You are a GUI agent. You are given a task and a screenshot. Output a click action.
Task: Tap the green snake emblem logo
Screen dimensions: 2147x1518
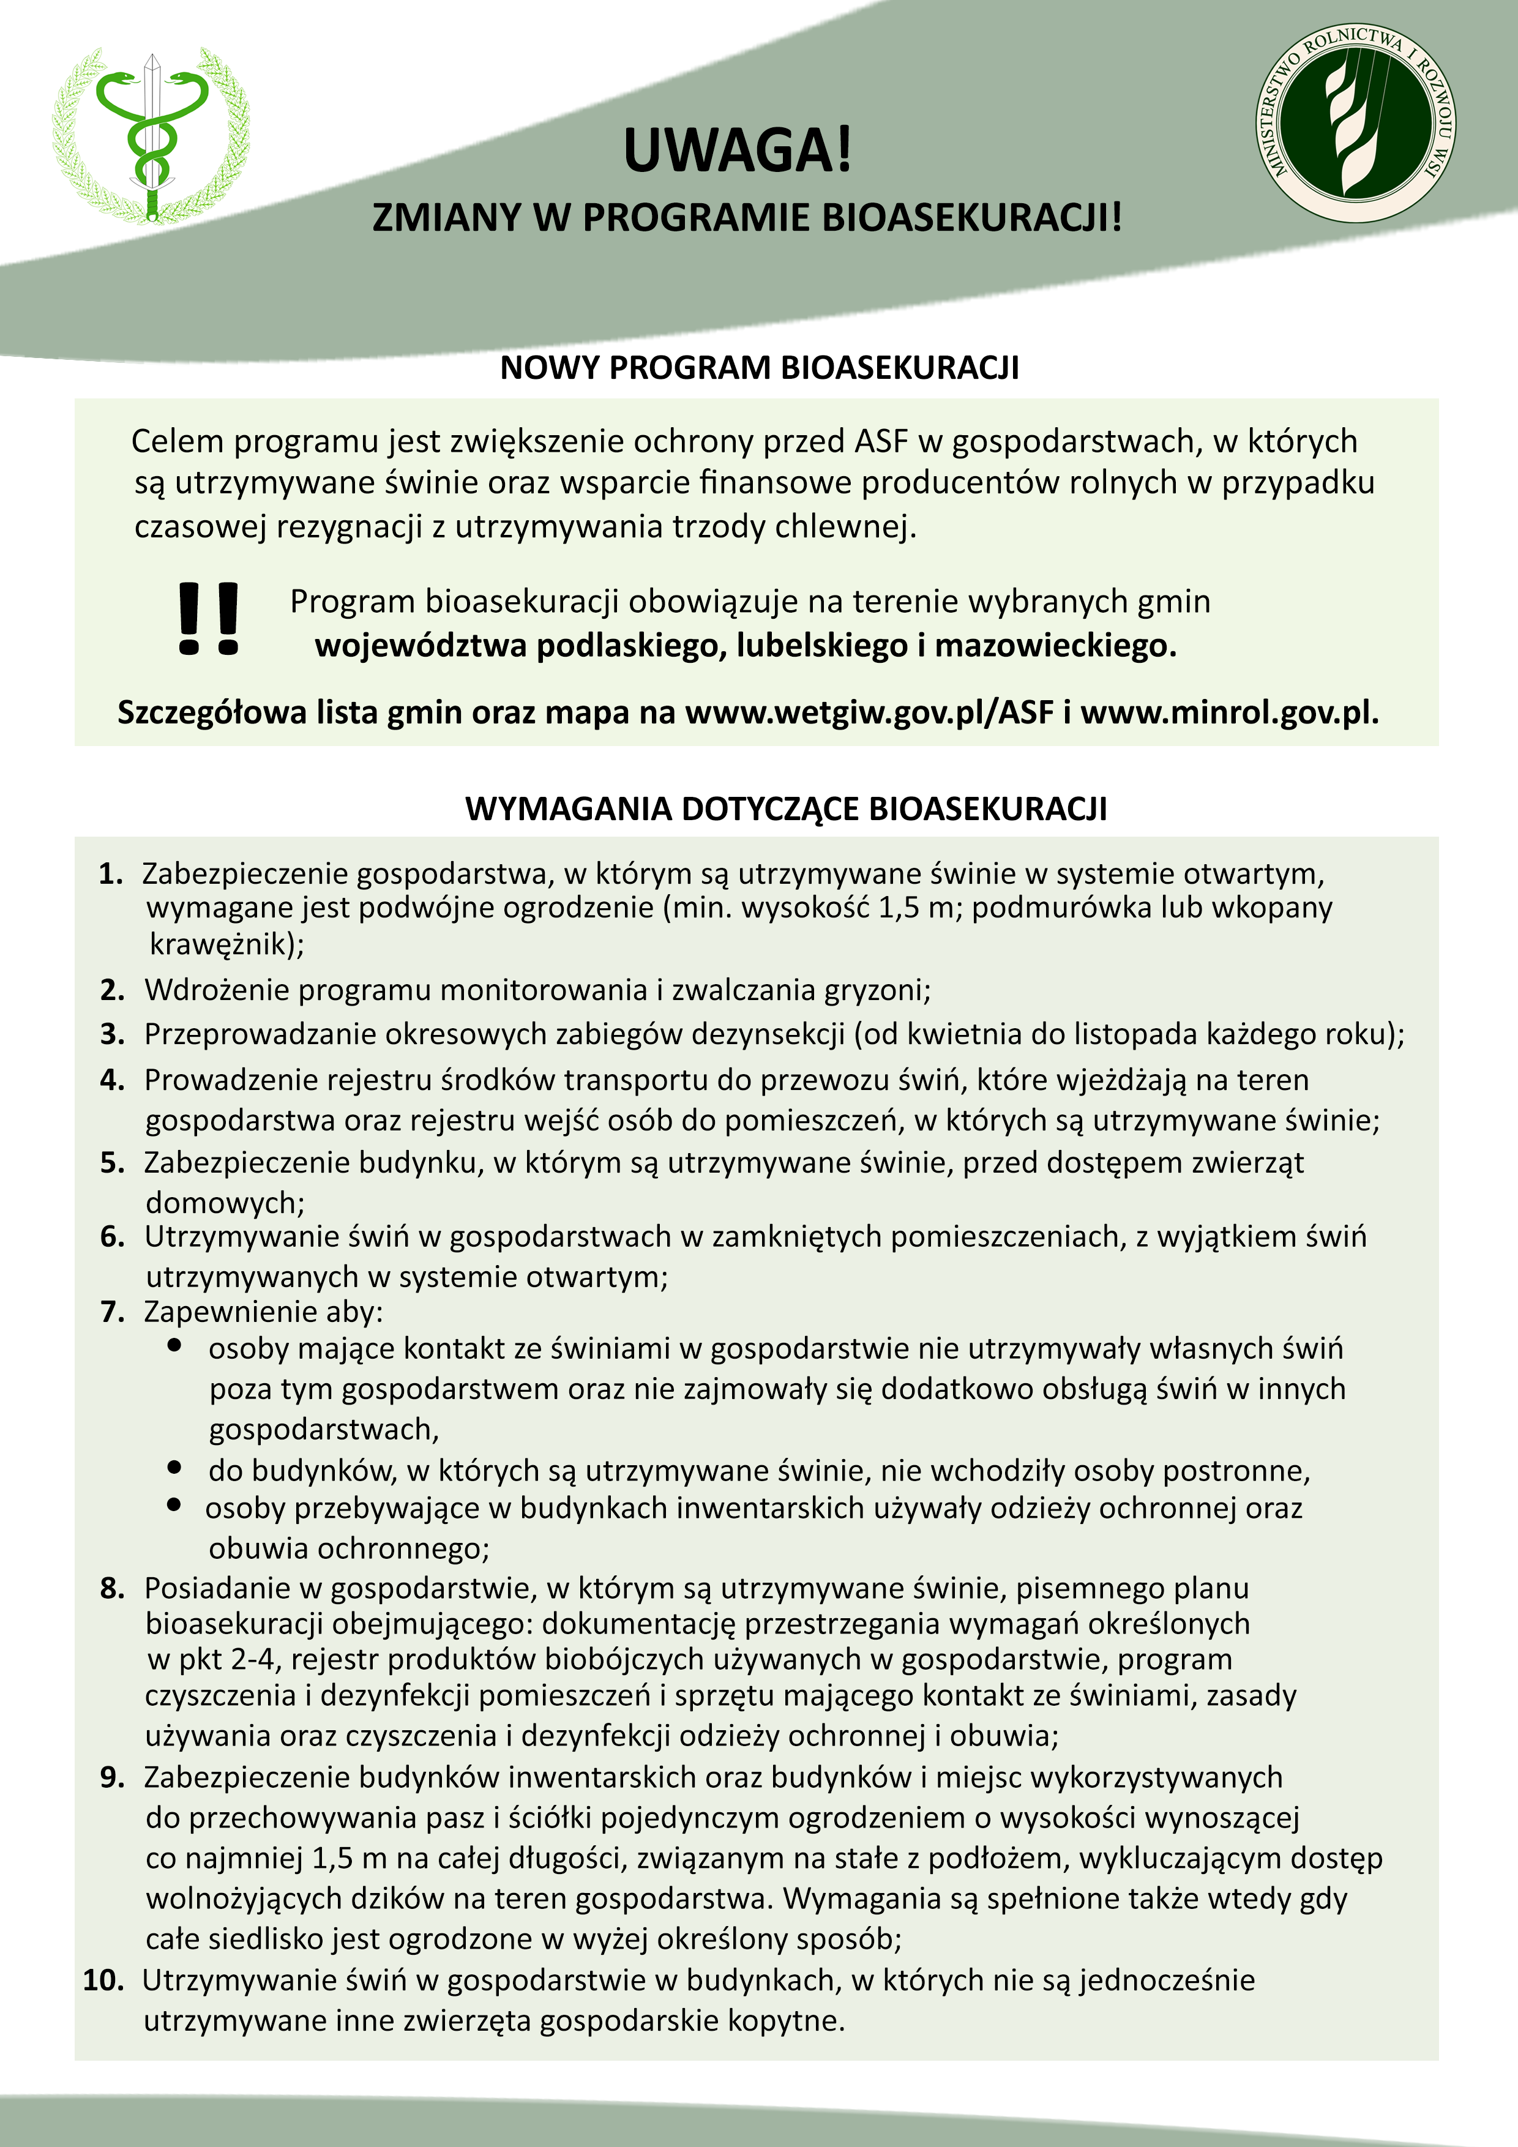[152, 133]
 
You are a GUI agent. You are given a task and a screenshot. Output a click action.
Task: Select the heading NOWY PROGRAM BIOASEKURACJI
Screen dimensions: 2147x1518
[760, 367]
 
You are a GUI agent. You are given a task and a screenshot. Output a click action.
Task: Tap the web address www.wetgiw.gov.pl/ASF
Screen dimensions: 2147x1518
[870, 712]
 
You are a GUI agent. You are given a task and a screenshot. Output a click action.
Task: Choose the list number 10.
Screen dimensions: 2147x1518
[103, 1981]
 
